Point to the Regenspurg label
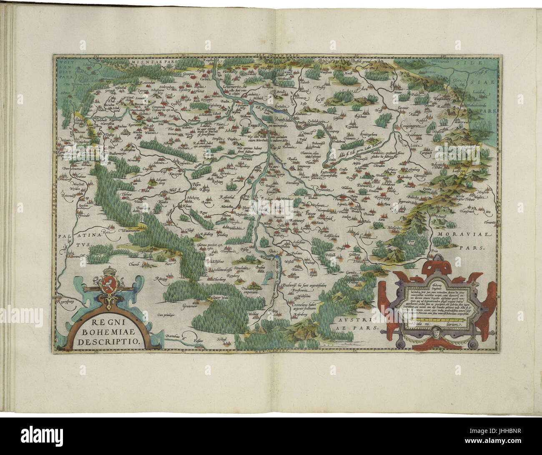[x=67, y=298]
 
